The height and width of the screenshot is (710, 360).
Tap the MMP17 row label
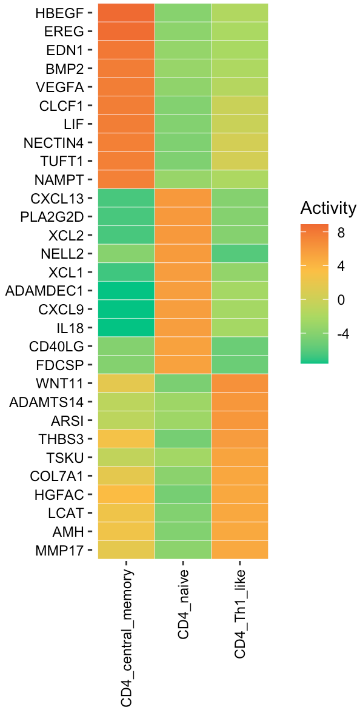pos(61,550)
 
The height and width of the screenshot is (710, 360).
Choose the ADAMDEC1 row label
pos(44,290)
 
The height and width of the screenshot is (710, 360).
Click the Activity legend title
pos(328,209)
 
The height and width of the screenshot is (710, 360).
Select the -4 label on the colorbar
pos(343,333)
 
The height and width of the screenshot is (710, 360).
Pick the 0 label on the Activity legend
pos(341,300)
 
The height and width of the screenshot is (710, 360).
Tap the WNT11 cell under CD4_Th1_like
pos(239,383)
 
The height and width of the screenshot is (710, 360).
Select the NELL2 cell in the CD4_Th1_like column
pos(239,253)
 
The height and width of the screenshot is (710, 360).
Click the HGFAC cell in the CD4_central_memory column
pos(126,494)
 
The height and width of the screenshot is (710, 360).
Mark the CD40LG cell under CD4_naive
pos(183,346)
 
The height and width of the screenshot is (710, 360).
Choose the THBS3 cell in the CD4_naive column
pos(183,439)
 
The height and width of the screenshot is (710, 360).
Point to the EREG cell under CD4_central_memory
pos(126,31)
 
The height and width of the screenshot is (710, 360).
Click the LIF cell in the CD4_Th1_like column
pos(239,124)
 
